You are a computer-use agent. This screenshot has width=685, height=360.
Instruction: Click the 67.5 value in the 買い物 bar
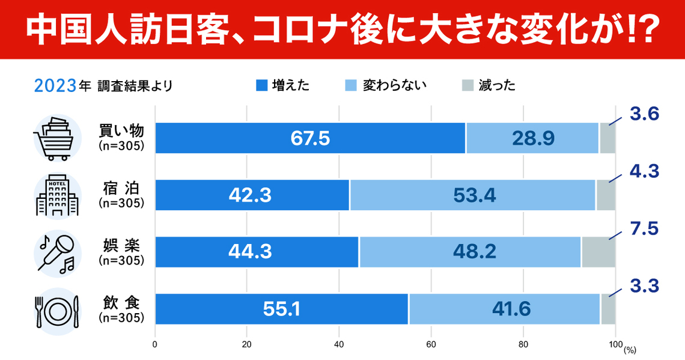pyautogui.click(x=310, y=138)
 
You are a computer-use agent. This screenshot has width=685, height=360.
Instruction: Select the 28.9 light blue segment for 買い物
pyautogui.click(x=532, y=138)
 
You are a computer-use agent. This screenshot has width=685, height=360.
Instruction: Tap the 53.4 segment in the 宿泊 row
pyautogui.click(x=472, y=195)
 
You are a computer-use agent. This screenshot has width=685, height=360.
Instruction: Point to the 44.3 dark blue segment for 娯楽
pyautogui.click(x=257, y=251)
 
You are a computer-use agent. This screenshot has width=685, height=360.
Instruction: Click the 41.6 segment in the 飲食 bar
pyautogui.click(x=504, y=308)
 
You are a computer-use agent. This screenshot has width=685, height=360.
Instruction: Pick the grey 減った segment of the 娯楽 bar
pyautogui.click(x=598, y=251)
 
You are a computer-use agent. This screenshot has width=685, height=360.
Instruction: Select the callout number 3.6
pyautogui.click(x=645, y=114)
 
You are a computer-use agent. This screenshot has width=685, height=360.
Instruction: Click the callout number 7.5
pyautogui.click(x=645, y=228)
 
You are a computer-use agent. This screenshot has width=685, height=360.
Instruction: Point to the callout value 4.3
pyautogui.click(x=645, y=171)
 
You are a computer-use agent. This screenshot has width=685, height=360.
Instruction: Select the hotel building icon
pyautogui.click(x=57, y=195)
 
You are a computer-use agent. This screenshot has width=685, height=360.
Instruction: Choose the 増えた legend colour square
pyautogui.click(x=261, y=85)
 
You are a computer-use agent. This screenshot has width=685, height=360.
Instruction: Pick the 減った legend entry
pyautogui.click(x=489, y=85)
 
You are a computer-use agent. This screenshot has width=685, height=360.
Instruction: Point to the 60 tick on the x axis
pyautogui.click(x=430, y=345)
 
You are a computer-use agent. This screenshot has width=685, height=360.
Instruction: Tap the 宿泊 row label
pyautogui.click(x=121, y=189)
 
